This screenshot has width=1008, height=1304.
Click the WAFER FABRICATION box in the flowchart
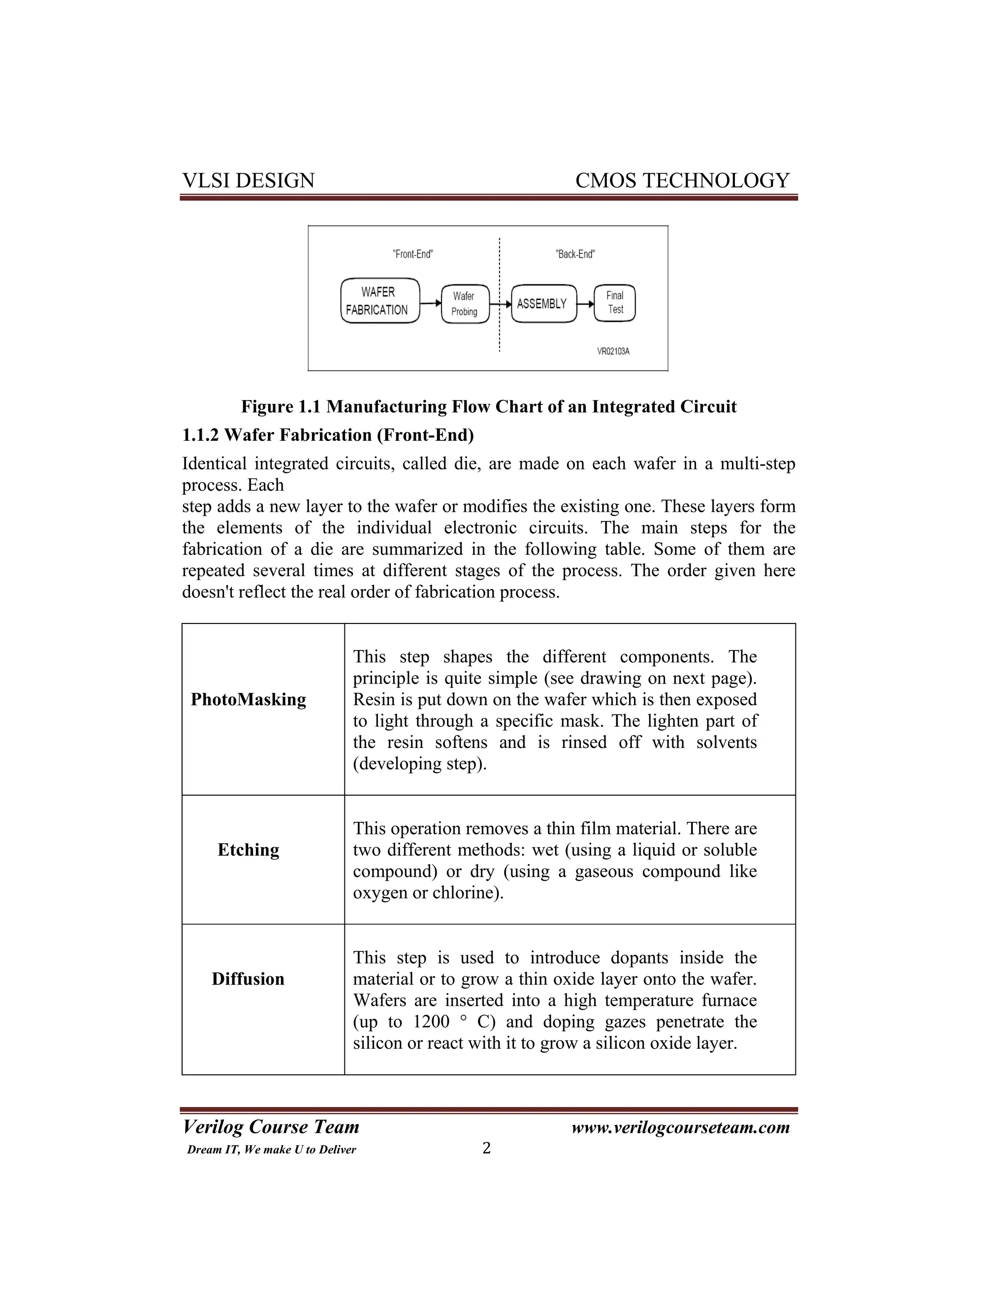pyautogui.click(x=380, y=301)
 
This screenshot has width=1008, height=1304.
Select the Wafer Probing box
pyautogui.click(x=465, y=304)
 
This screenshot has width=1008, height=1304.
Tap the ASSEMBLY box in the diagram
pyautogui.click(x=543, y=304)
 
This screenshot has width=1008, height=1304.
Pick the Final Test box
pyautogui.click(x=614, y=303)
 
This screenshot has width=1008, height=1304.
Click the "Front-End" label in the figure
pyautogui.click(x=412, y=254)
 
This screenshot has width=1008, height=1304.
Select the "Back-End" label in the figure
pyautogui.click(x=575, y=254)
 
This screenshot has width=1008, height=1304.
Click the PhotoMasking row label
pyautogui.click(x=248, y=699)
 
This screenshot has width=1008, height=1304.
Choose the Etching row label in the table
pyautogui.click(x=248, y=850)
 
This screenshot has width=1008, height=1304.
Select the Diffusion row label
pyautogui.click(x=248, y=979)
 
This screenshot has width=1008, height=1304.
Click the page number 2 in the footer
pyautogui.click(x=487, y=1148)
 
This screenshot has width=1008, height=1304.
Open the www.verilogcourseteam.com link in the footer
pyautogui.click(x=680, y=1127)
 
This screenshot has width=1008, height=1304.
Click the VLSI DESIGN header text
pyautogui.click(x=248, y=180)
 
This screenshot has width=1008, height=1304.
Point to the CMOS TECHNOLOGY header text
pyautogui.click(x=682, y=180)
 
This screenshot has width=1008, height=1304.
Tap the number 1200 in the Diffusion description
pyautogui.click(x=431, y=1022)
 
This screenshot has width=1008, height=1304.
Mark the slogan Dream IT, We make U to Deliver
pyautogui.click(x=271, y=1150)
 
